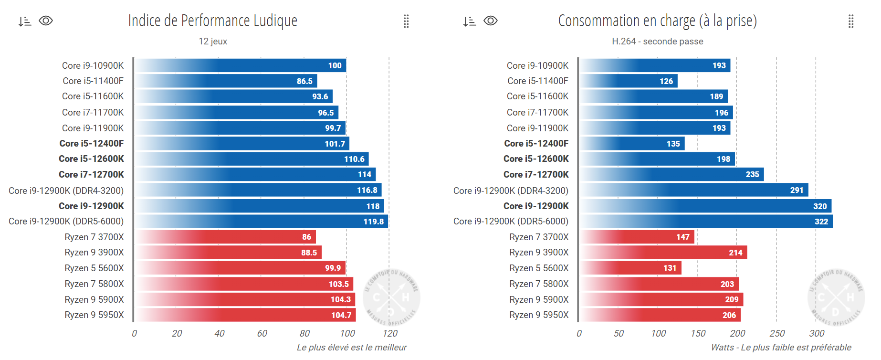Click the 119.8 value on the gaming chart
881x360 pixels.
[374, 222]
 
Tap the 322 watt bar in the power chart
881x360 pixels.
[706, 222]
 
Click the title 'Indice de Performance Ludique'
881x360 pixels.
[213, 21]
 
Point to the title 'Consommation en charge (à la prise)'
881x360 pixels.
[657, 21]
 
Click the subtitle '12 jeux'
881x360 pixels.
[213, 42]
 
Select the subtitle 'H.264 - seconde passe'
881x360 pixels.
[657, 42]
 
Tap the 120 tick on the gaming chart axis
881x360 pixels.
[390, 333]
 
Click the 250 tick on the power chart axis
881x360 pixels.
[777, 333]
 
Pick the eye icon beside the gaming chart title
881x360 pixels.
[46, 21]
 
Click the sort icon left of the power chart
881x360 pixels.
[470, 21]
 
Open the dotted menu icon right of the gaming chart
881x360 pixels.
[406, 21]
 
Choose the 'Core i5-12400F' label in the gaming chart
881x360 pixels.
[92, 143]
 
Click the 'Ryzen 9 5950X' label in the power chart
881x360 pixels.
[539, 315]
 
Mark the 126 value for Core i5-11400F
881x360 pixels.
[666, 81]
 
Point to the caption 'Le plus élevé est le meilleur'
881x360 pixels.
[352, 348]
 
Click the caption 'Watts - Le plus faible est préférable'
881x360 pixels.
[781, 348]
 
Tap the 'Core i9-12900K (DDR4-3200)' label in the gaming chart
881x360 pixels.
[66, 191]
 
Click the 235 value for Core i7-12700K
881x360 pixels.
[752, 175]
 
